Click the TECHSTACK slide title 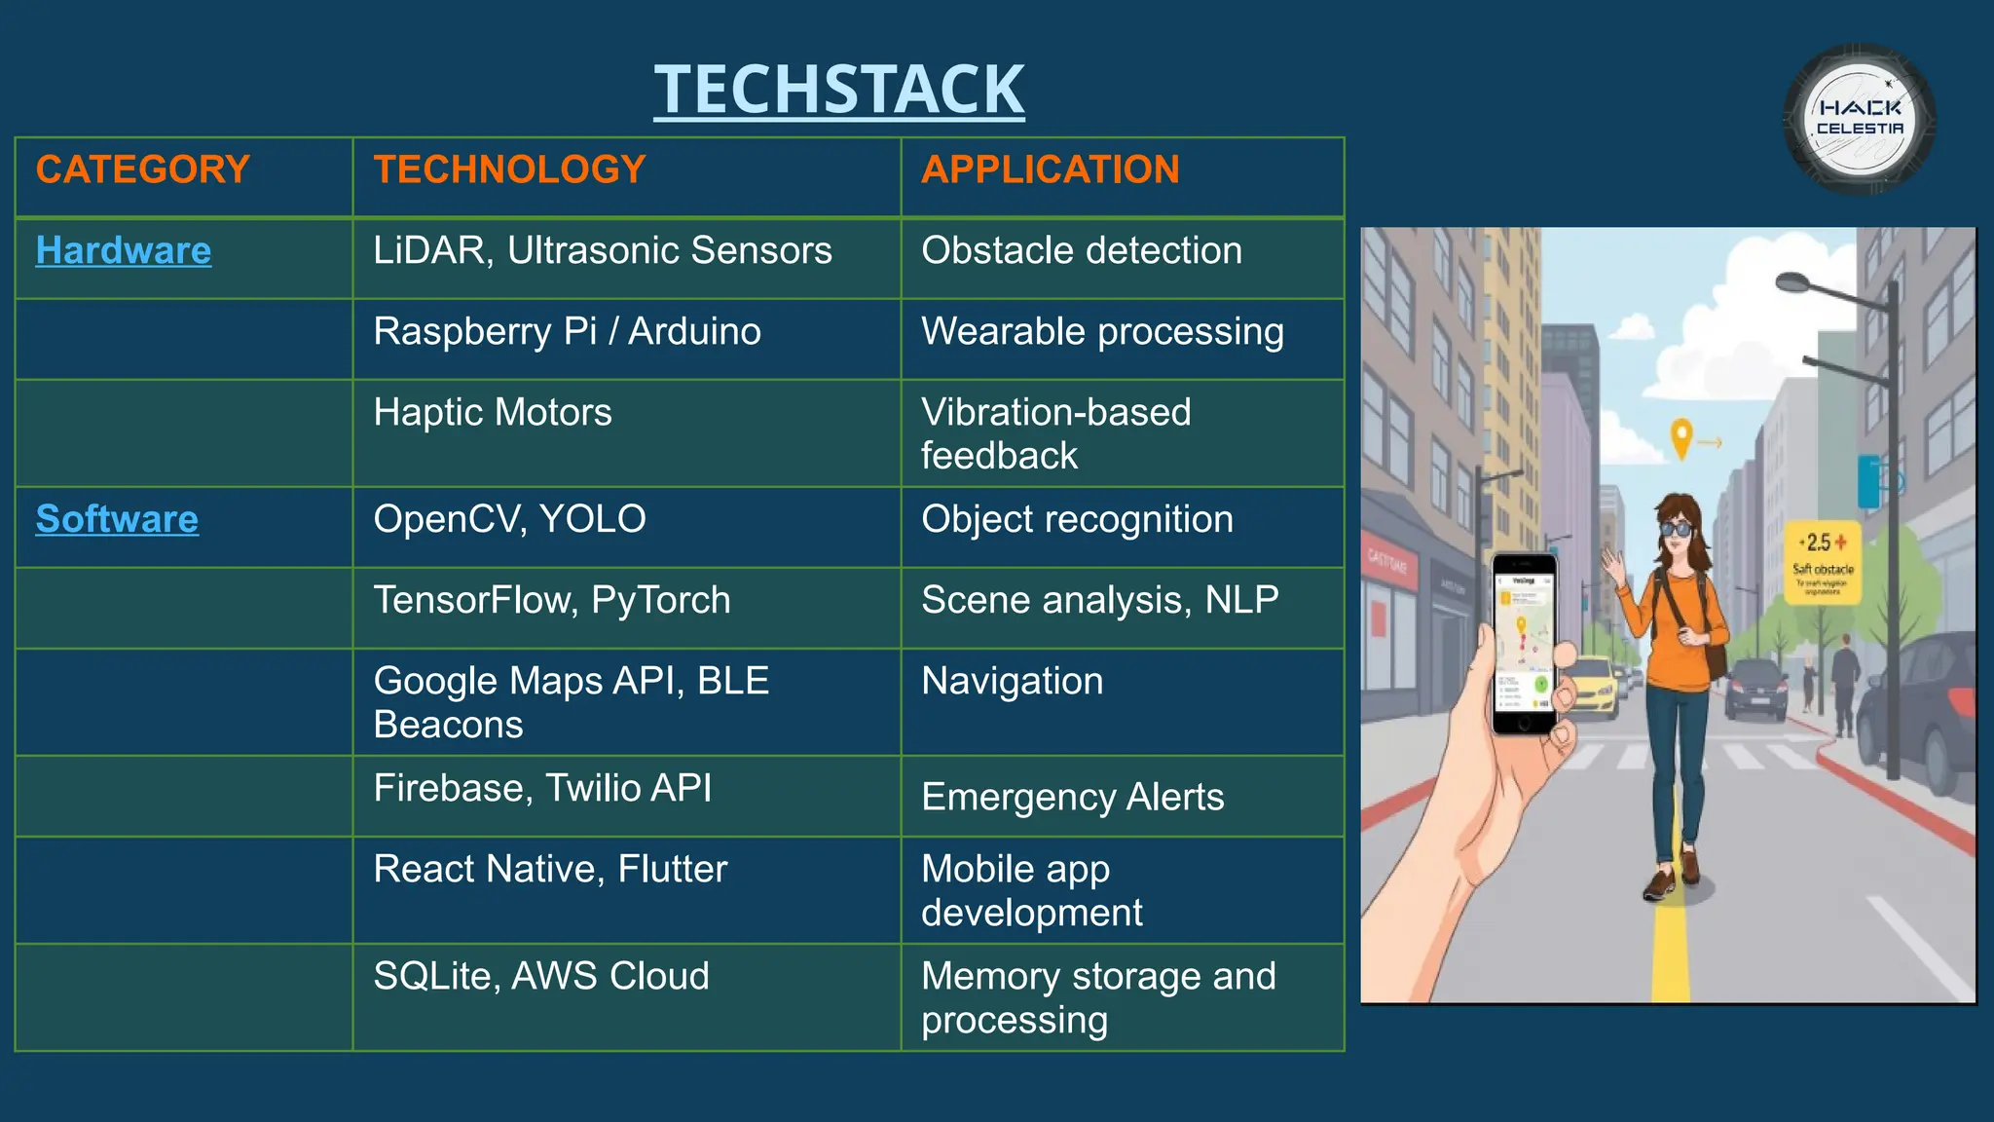point(838,90)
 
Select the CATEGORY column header point(143,169)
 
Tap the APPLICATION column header point(1050,169)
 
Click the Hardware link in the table point(124,250)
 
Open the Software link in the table point(117,519)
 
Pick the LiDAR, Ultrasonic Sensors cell point(603,250)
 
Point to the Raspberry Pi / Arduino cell point(567,331)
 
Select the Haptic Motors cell point(493,412)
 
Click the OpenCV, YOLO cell point(509,519)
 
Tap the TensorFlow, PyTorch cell point(552,600)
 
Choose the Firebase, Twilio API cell point(542,788)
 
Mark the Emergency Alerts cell point(1072,797)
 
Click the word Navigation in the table point(1013,681)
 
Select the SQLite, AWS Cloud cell point(541,976)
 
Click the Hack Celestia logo point(1859,119)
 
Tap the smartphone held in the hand point(1524,643)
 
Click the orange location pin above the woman point(1681,437)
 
